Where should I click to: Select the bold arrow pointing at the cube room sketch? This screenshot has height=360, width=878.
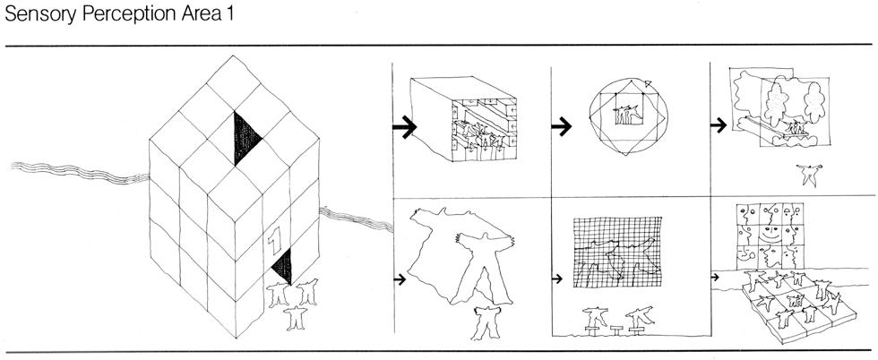(x=404, y=127)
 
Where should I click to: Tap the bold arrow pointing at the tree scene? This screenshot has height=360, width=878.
(x=719, y=125)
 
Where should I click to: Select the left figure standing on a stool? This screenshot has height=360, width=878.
(x=593, y=315)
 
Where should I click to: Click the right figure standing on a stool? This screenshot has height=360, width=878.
(x=639, y=315)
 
